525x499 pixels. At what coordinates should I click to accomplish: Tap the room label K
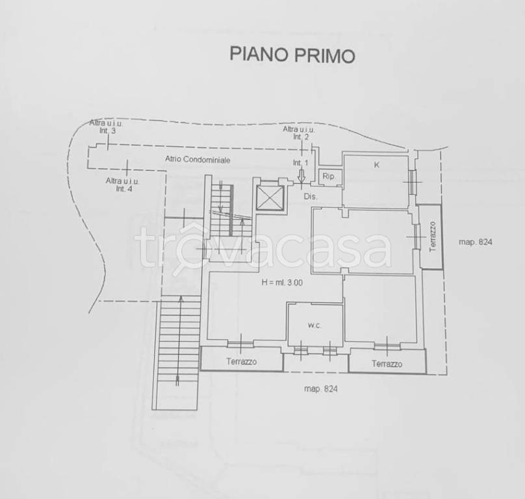[x=376, y=165]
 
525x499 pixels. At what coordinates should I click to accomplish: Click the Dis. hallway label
[x=310, y=196]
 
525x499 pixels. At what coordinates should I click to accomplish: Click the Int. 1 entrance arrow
[x=301, y=174]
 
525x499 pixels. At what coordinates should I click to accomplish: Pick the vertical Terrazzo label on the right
[x=431, y=237]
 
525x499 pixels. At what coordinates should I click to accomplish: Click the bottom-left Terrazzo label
[x=242, y=361]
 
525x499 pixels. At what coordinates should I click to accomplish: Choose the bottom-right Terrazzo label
[x=387, y=364]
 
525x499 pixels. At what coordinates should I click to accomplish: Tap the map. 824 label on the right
[x=476, y=242]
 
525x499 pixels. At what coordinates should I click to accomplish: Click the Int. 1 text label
[x=300, y=162]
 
